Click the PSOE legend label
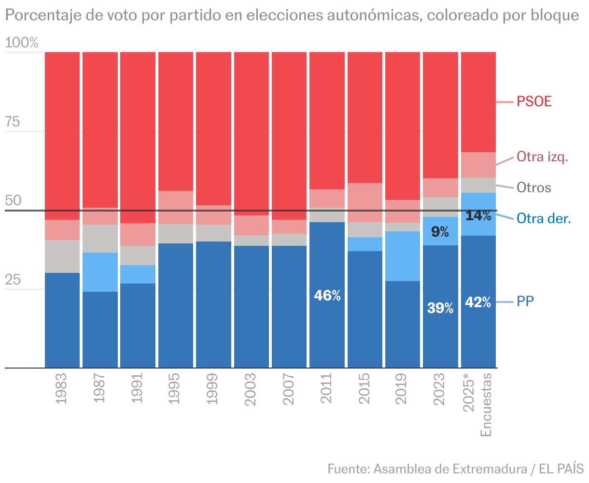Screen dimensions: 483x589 pos(534,101)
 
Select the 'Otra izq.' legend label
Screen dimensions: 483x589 pos(542,156)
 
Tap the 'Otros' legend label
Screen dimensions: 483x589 pos(534,187)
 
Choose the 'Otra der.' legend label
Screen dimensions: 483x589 pos(544,218)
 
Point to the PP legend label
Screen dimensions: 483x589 pos(525,302)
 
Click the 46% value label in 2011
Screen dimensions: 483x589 pos(327,296)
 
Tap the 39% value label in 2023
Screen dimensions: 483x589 pos(440,308)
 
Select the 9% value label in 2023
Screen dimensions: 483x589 pos(440,232)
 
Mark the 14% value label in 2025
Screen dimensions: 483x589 pos(478,216)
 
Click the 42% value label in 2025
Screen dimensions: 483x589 pos(478,302)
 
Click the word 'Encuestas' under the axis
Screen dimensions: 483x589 pos(486,405)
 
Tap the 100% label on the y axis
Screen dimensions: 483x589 pos(22,43)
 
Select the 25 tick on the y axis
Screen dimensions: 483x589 pos(13,280)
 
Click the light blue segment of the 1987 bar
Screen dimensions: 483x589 pos(100,272)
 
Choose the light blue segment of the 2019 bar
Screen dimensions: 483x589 pos(402,256)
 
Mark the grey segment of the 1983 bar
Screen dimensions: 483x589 pos(62,256)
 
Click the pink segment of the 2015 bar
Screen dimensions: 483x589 pos(365,202)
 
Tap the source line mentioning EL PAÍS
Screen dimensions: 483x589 pos(455,469)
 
